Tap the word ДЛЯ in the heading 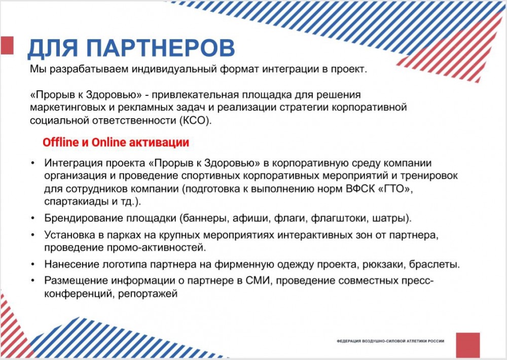(x=52, y=49)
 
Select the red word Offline (x=61, y=142)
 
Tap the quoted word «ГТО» (x=395, y=188)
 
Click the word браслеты (x=434, y=264)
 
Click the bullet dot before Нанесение (x=33, y=265)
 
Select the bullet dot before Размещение (x=33, y=281)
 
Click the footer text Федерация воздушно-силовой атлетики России (x=390, y=341)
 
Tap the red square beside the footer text (x=468, y=345)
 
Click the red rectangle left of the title (x=7, y=45)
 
